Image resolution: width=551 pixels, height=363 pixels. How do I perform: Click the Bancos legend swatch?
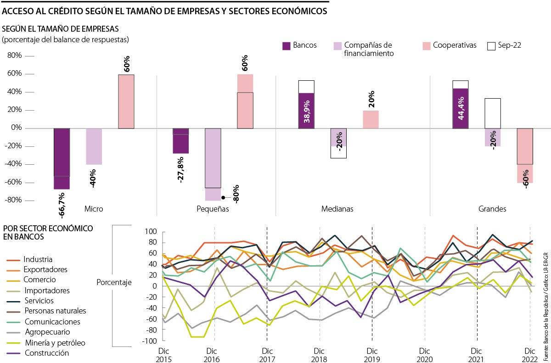[x=286, y=46]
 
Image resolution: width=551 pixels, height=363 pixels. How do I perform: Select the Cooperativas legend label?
[x=454, y=45]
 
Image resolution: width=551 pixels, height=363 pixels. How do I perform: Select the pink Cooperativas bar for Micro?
[x=126, y=101]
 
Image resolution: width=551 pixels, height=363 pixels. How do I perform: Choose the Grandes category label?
[x=492, y=209]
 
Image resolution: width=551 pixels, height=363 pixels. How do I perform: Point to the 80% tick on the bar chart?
[x=14, y=56]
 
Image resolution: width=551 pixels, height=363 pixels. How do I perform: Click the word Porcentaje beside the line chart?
[x=114, y=282]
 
